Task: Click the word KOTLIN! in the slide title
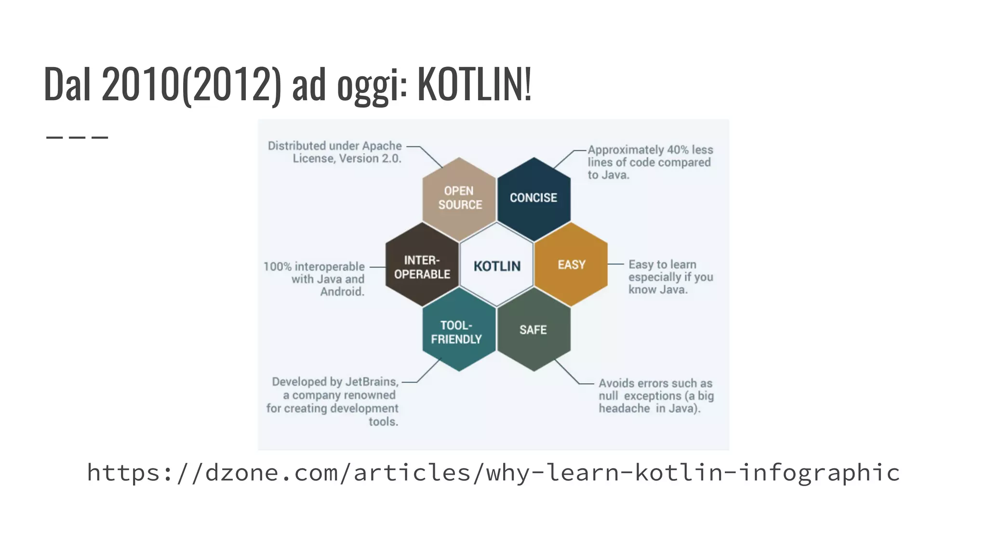474,84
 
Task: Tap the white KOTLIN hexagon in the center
497,266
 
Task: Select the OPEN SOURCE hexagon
459,198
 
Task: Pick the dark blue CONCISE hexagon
534,198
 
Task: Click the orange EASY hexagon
571,264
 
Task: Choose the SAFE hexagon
534,330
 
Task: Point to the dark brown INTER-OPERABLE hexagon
422,266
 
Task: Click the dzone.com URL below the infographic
493,472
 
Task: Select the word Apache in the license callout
382,146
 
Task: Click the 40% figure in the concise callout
678,150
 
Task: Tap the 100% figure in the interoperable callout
277,266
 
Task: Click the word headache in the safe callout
624,409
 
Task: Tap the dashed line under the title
77,137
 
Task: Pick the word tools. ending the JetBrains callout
383,422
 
